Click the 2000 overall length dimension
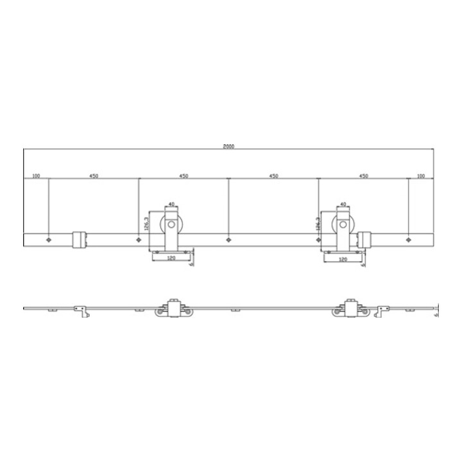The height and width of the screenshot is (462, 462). tap(228, 146)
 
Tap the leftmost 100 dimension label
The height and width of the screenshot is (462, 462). tap(35, 175)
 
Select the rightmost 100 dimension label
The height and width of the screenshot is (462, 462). tap(421, 175)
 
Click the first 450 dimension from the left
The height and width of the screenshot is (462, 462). tap(94, 175)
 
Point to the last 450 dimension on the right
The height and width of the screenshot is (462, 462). tap(363, 175)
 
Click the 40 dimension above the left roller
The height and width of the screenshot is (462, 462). tap(171, 205)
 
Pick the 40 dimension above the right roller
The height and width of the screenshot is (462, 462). tap(343, 205)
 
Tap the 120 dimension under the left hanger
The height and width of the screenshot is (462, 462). tap(171, 258)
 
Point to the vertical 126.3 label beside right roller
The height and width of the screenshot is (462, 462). tap(319, 223)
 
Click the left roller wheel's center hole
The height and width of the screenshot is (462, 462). tap(171, 225)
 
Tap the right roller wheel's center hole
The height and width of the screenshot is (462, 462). tap(343, 225)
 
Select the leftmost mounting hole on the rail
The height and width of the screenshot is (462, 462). tap(49, 240)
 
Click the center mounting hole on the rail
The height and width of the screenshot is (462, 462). tap(228, 240)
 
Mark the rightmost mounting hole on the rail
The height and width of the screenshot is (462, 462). tap(408, 240)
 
